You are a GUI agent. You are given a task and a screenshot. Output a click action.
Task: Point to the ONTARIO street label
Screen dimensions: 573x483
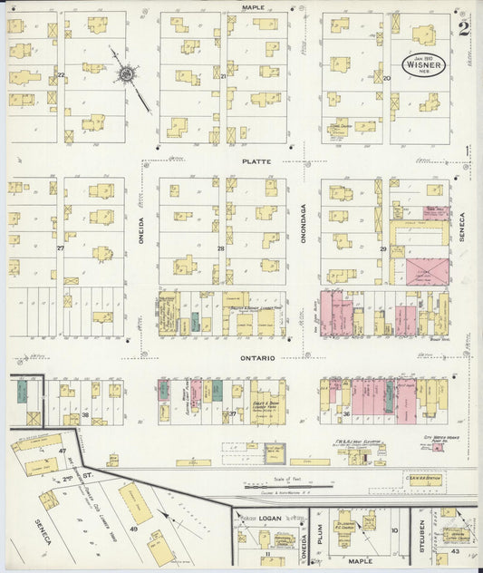click(x=257, y=358)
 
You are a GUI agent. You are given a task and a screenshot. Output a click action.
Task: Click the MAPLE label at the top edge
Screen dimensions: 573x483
click(x=252, y=6)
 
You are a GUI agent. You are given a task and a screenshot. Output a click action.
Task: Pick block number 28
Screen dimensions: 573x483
click(x=220, y=248)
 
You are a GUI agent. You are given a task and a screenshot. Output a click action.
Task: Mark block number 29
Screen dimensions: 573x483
click(x=383, y=248)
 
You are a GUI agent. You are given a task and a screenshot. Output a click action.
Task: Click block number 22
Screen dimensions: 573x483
click(x=61, y=74)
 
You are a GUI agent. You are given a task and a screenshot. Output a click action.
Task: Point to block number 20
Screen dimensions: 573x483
click(x=386, y=79)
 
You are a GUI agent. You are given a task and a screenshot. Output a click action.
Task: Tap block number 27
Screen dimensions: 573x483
click(x=61, y=248)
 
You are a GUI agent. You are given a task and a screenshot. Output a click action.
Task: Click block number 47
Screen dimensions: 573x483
click(x=63, y=451)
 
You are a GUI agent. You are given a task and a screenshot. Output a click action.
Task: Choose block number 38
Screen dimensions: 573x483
click(x=85, y=414)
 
